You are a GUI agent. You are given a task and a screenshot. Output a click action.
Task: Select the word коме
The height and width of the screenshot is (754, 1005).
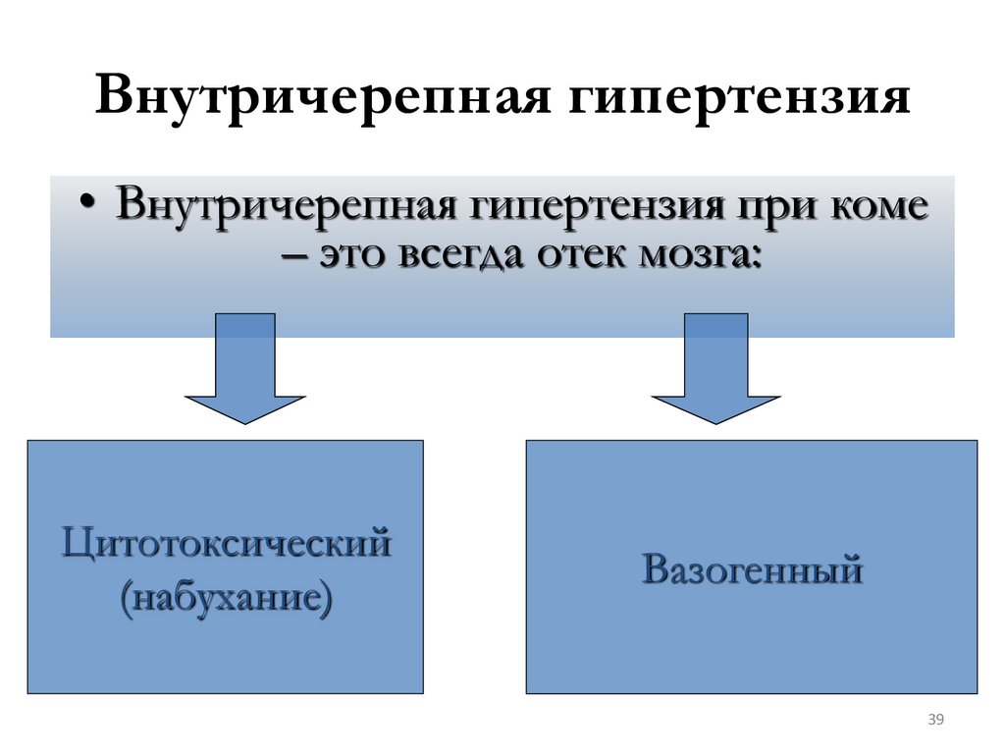coord(876,208)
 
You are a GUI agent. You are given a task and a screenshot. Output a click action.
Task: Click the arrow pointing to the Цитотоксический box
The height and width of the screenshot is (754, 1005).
coord(245,368)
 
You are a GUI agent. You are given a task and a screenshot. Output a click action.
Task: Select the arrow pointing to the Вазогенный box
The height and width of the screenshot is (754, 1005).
coord(715,368)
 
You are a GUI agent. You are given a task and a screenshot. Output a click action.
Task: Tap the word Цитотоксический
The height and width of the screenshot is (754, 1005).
coord(226,542)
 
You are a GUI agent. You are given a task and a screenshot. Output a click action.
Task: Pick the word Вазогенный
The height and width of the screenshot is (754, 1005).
coord(752,568)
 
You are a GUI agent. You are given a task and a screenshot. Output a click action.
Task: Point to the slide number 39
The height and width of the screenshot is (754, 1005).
coord(934,722)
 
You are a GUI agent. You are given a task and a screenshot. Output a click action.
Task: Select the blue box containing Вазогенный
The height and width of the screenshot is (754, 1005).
coord(752,648)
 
